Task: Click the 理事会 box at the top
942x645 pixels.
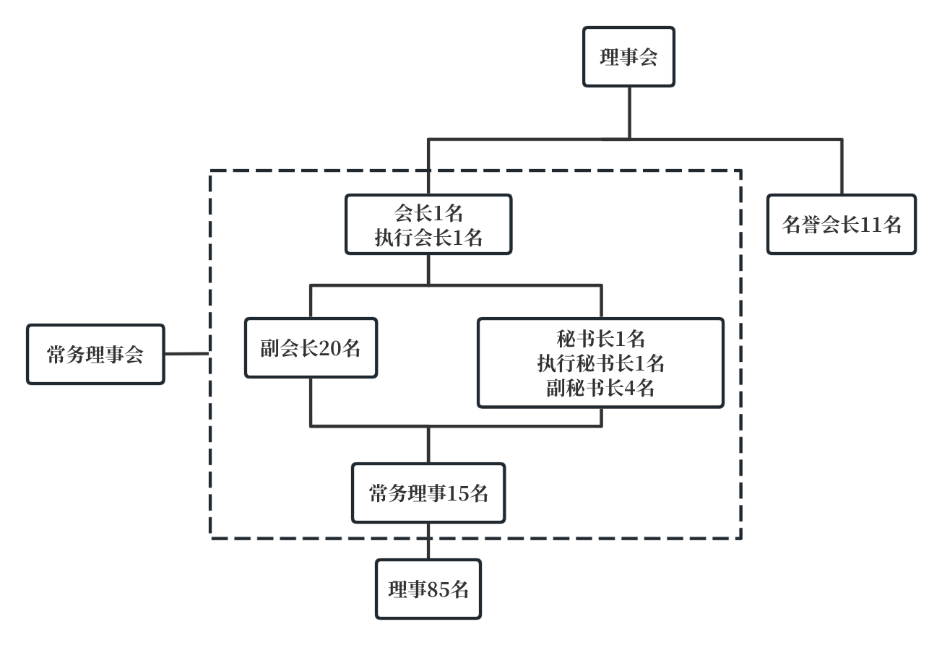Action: tap(628, 57)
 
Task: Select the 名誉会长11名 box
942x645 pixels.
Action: tap(842, 225)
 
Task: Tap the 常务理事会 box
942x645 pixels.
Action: tap(95, 354)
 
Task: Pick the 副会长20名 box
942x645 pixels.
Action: tap(311, 348)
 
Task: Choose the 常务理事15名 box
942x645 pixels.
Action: tap(428, 493)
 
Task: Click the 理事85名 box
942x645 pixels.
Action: tap(428, 589)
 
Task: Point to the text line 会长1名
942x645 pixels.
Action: tap(428, 213)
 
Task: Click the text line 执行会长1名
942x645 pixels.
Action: tap(428, 238)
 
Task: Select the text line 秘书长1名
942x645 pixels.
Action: tap(600, 338)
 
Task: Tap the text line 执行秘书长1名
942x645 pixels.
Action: tap(600, 363)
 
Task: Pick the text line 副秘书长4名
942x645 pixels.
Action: tap(600, 388)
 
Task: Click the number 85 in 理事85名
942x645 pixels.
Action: tap(439, 590)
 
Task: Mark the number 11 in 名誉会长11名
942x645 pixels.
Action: tap(870, 225)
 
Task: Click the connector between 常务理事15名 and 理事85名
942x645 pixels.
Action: tap(428, 541)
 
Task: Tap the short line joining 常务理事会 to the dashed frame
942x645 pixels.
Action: tap(187, 354)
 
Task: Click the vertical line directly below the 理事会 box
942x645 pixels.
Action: tap(628, 112)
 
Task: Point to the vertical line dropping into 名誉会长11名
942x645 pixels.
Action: tap(842, 166)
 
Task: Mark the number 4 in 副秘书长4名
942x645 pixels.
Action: tap(628, 389)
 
